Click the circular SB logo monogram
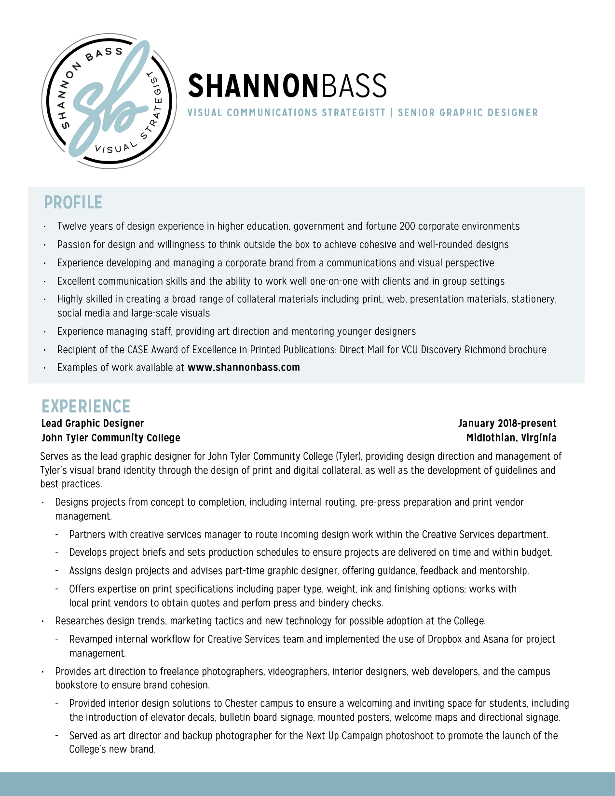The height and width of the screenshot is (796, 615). tap(109, 101)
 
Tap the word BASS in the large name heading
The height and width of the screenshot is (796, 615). tap(354, 86)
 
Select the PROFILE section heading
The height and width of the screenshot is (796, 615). tap(73, 203)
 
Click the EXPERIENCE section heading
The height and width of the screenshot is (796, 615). tap(86, 407)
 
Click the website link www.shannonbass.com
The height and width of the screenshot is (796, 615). tap(244, 368)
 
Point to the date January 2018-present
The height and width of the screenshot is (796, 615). tap(507, 424)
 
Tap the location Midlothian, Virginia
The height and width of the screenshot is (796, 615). tap(511, 438)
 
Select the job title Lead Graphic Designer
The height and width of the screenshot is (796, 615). tap(93, 424)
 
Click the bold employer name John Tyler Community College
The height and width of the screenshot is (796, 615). tap(111, 438)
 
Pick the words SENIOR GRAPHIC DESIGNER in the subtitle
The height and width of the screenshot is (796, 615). tap(467, 113)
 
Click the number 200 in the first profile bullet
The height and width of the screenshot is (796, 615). tap(407, 227)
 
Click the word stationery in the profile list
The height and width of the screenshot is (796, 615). tap(533, 300)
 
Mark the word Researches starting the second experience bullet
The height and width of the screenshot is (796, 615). tap(79, 621)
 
